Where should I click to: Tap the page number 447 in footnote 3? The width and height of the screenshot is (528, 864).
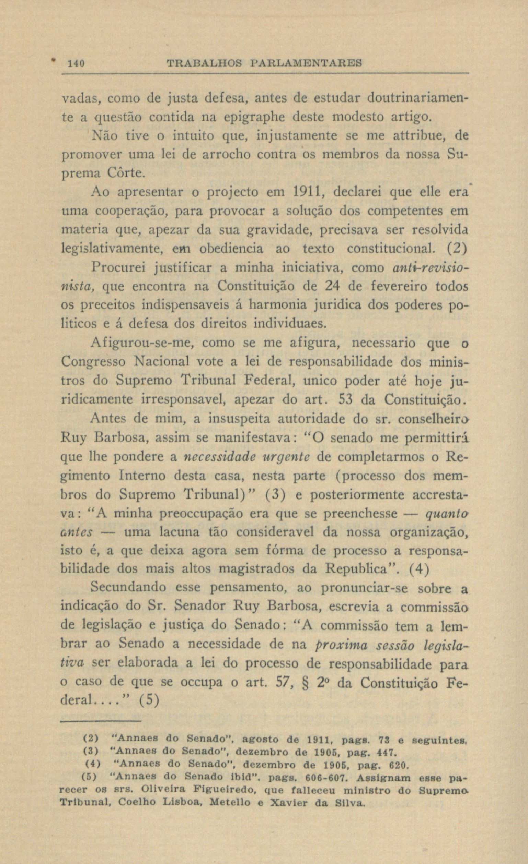pos(387,753)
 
